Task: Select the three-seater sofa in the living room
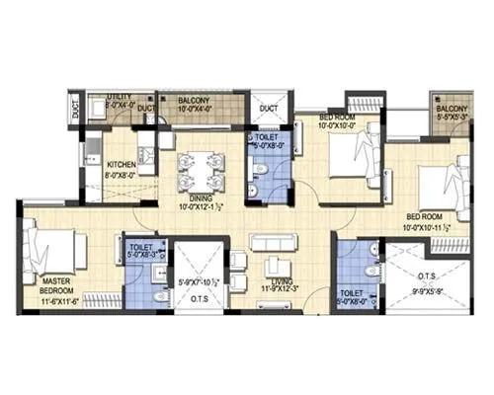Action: click(x=274, y=242)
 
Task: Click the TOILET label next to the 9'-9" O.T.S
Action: click(x=353, y=293)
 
